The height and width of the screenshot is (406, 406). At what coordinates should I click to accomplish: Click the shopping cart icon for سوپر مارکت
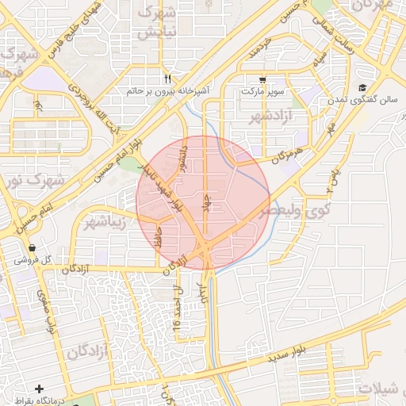click(x=262, y=79)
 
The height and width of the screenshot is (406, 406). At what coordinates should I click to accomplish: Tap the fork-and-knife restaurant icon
click(x=167, y=79)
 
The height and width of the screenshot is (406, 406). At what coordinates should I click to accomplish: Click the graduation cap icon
click(x=362, y=88)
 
